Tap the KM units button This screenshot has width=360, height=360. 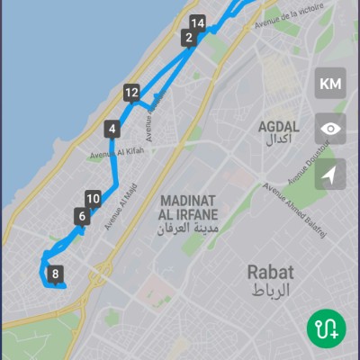pyautogui.click(x=330, y=84)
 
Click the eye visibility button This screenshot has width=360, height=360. pyautogui.click(x=330, y=129)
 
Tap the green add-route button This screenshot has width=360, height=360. pyautogui.click(x=326, y=328)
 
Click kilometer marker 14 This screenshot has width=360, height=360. pyautogui.click(x=198, y=22)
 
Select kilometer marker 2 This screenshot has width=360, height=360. pyautogui.click(x=188, y=37)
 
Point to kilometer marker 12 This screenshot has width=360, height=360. pyautogui.click(x=131, y=92)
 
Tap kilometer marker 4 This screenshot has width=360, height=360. pyautogui.click(x=112, y=129)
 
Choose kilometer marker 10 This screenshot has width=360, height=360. pyautogui.click(x=93, y=199)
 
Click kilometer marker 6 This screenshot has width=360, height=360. pyautogui.click(x=82, y=216)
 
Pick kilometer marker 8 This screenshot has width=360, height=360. pyautogui.click(x=56, y=274)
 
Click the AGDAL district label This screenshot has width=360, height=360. pyautogui.click(x=278, y=127)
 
